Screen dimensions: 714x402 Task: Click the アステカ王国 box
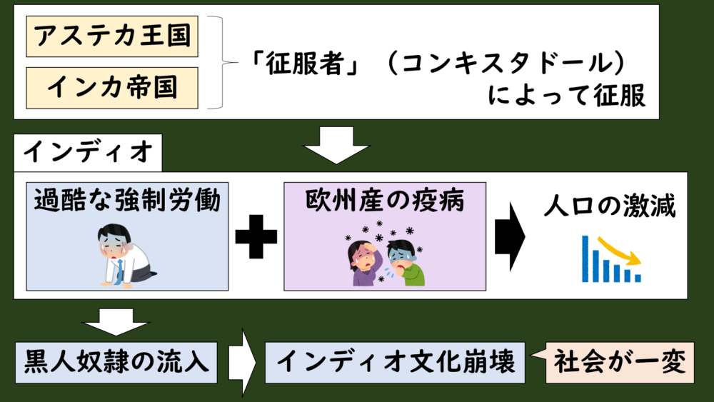112,36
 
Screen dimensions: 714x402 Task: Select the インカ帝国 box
112,88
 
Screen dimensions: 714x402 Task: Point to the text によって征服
566,95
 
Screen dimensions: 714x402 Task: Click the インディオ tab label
88,152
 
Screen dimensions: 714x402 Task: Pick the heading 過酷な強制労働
128,200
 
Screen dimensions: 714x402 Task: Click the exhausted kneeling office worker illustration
124,256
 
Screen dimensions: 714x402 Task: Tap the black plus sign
256,237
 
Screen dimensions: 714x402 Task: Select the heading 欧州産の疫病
385,200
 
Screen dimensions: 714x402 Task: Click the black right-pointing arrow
510,237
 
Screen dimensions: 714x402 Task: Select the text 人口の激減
610,206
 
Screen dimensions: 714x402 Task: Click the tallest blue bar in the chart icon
585,258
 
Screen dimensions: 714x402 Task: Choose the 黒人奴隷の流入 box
116,363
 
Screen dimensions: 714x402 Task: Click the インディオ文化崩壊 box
396,363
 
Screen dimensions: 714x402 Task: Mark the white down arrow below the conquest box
336,145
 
